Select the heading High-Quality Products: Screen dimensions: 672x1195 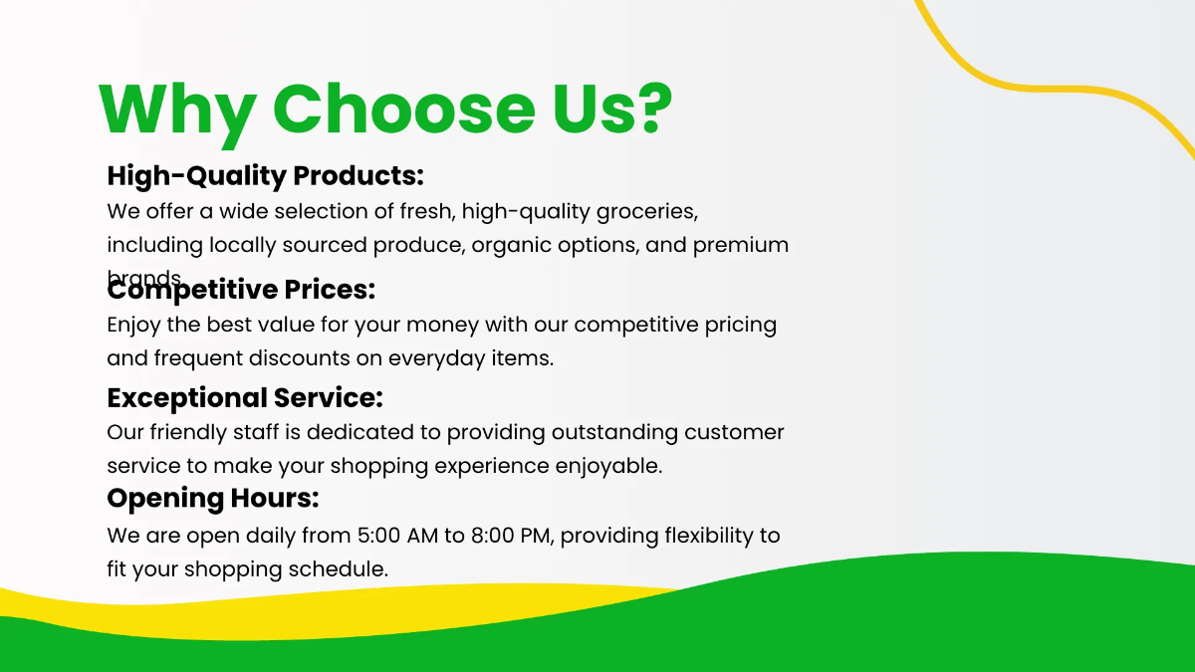(x=265, y=176)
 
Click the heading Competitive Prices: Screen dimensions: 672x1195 (x=241, y=290)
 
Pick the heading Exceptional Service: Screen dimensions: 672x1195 (x=245, y=397)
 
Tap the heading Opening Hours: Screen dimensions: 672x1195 (x=212, y=497)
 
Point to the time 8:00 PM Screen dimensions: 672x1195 (x=511, y=536)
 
